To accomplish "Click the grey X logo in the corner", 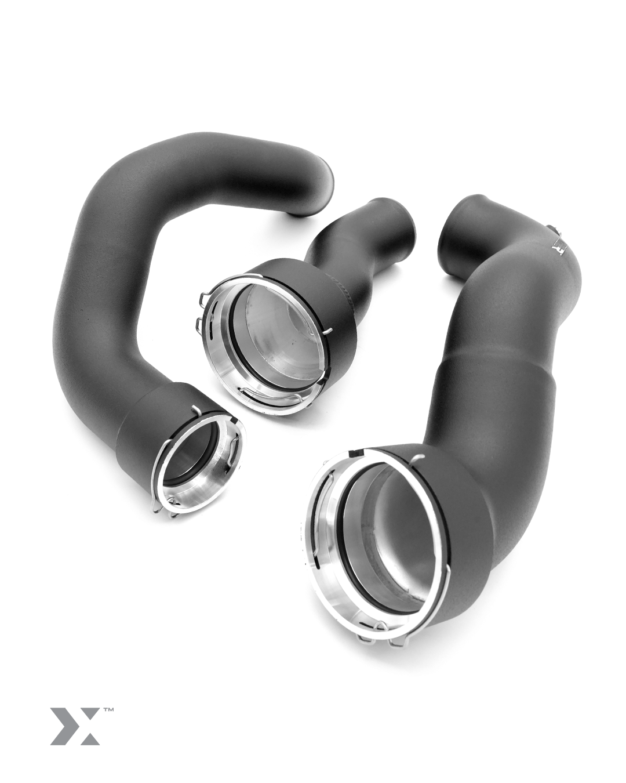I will tap(74, 726).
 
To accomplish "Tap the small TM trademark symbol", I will tap(108, 709).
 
